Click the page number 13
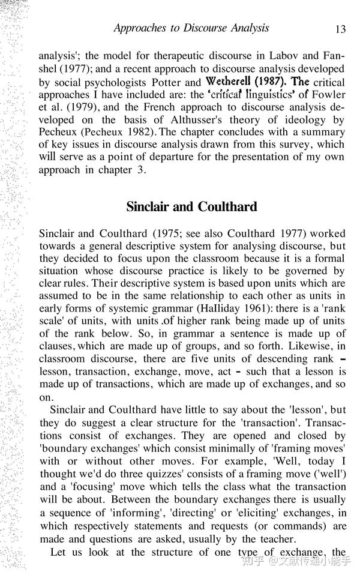point(340,29)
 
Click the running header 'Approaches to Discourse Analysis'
point(191,28)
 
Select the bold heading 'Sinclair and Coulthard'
point(191,206)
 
